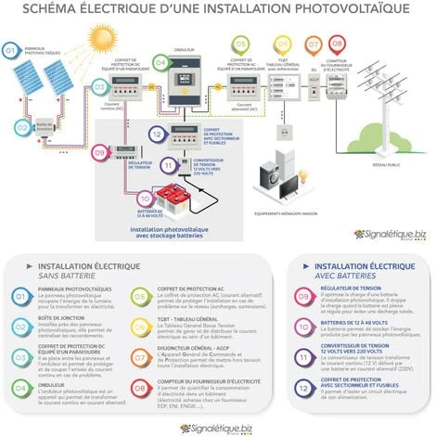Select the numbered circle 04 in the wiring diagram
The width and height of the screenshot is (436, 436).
coord(160,62)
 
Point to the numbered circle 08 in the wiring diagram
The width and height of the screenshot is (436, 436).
coord(337,44)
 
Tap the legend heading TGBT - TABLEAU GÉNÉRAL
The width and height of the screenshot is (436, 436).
coord(192,317)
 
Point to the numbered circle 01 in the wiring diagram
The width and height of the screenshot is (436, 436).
coord(11,48)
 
